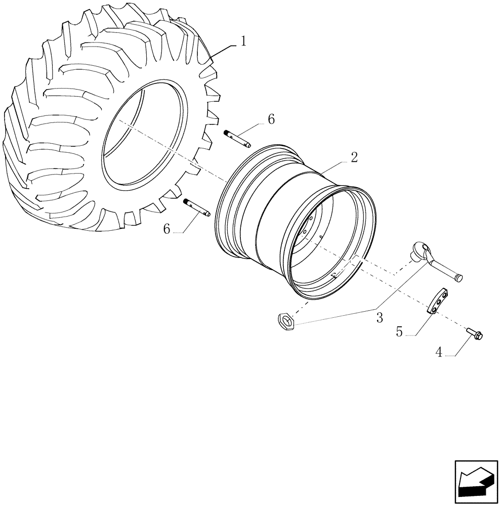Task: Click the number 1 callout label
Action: [243, 41]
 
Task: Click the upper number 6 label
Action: [271, 119]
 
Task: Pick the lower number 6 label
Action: [167, 229]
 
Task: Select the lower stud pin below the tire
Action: [198, 206]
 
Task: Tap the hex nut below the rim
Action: [285, 321]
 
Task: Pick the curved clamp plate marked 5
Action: [438, 303]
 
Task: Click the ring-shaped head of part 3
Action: [421, 248]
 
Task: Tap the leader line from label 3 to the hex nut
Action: [334, 316]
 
